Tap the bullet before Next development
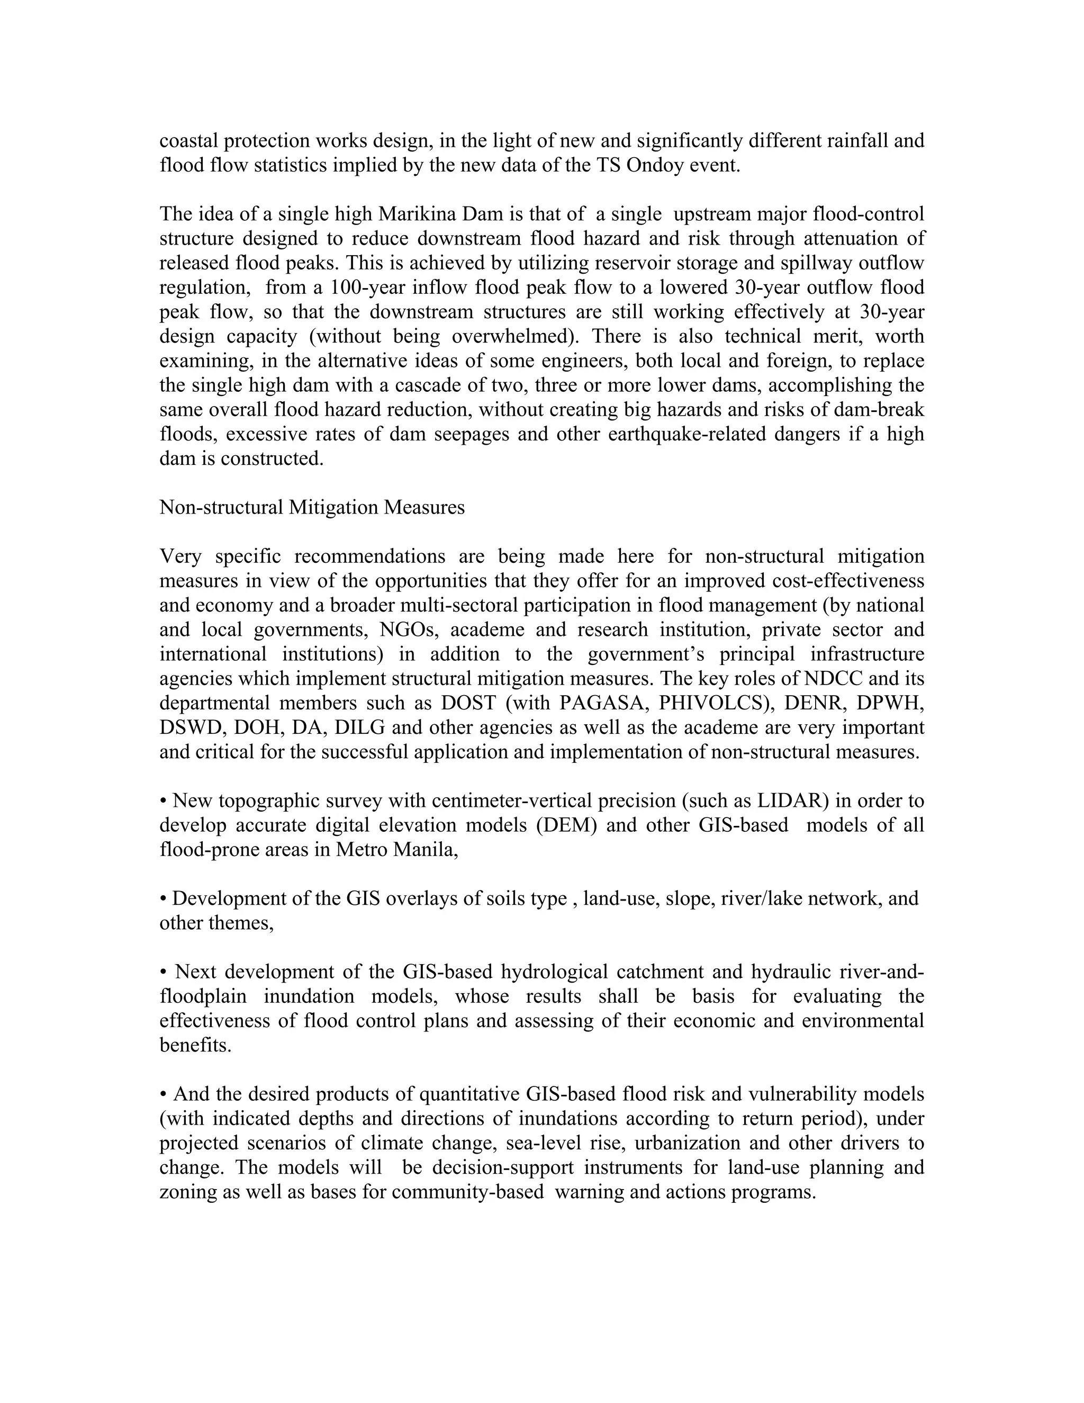pyautogui.click(x=163, y=972)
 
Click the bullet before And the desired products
pyautogui.click(x=163, y=1094)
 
